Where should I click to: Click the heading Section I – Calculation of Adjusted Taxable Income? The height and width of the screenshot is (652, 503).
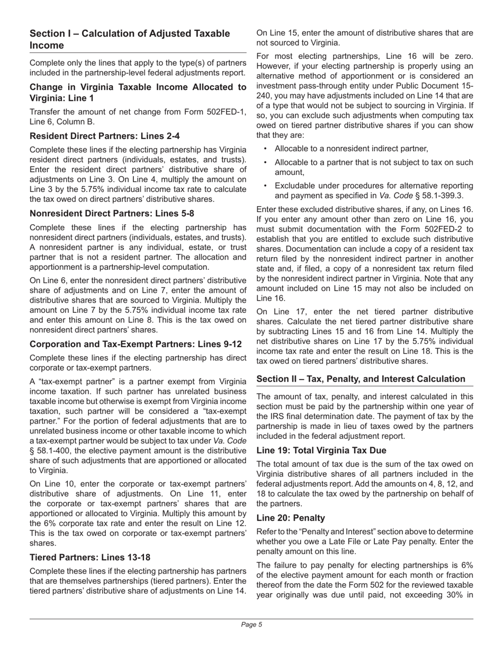point(130,39)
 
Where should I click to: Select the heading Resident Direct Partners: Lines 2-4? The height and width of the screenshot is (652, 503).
point(105,136)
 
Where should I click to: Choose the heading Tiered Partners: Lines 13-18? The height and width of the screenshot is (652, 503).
point(90,557)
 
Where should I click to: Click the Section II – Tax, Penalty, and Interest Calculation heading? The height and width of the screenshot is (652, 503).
point(361,378)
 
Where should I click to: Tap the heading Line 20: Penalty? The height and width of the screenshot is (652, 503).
point(291,518)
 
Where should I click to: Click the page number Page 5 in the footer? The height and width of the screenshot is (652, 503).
point(251,624)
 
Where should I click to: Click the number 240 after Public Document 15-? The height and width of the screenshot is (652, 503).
point(264,95)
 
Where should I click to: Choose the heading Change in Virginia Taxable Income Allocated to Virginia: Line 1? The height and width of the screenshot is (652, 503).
point(138,92)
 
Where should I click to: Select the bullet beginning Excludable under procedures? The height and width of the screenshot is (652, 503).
point(374,190)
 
